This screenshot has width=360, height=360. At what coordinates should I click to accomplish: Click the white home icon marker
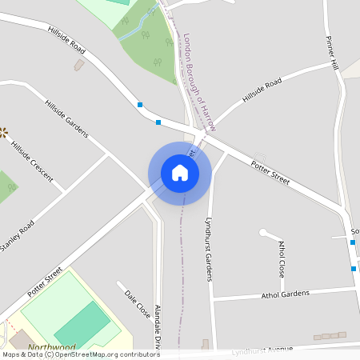[179, 172]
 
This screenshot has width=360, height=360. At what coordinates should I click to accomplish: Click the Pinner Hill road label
[333, 53]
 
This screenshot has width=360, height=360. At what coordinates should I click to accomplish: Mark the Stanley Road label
[18, 235]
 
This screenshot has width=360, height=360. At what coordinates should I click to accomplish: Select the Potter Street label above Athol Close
[270, 171]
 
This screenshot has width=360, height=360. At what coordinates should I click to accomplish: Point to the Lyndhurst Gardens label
[208, 248]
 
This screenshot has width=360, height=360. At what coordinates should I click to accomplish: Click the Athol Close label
[282, 258]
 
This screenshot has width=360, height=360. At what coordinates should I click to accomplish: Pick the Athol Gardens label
[285, 294]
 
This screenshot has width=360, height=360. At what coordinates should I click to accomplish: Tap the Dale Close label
[137, 305]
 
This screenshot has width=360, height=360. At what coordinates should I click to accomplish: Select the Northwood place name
[51, 348]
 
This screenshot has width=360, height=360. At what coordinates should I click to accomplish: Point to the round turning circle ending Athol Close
[263, 233]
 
